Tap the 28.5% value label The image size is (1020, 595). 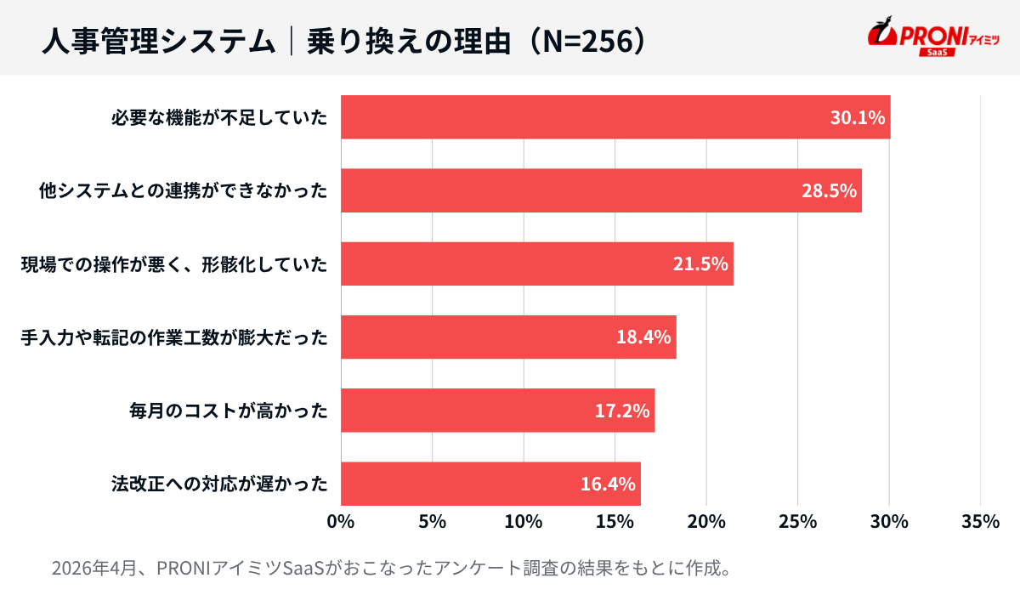click(x=828, y=190)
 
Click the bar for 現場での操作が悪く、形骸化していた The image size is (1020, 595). click(x=535, y=263)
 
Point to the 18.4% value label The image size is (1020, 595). click(x=643, y=337)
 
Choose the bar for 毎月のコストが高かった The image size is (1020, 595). click(x=497, y=411)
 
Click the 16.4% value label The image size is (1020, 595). click(x=608, y=484)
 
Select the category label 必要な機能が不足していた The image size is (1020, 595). click(x=219, y=117)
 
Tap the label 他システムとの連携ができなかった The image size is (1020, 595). click(x=184, y=190)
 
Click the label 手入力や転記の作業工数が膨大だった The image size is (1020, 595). click(x=174, y=337)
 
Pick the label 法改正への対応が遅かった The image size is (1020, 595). click(x=219, y=484)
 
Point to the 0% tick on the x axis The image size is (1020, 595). click(x=341, y=522)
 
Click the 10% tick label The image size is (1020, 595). click(x=524, y=522)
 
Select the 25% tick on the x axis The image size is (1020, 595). click(x=798, y=522)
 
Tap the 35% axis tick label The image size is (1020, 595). click(x=980, y=522)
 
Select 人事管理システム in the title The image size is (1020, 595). click(x=158, y=41)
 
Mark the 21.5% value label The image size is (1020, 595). click(x=700, y=263)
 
